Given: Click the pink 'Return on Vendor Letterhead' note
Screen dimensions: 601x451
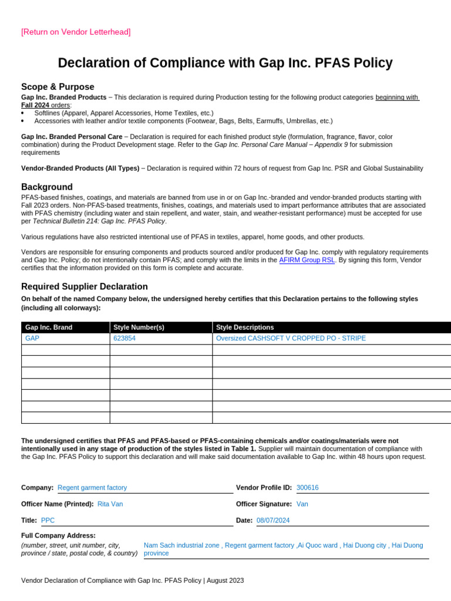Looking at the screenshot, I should (x=76, y=32).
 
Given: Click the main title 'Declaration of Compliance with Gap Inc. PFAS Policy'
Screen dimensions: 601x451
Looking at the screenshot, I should (x=225, y=63).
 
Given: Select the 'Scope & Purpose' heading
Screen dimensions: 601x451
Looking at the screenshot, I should (x=58, y=87).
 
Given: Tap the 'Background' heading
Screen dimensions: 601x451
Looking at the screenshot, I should (x=47, y=187).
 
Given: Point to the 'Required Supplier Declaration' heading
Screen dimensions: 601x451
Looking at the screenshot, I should (x=85, y=286).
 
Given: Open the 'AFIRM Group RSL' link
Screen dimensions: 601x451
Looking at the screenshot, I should (x=307, y=260).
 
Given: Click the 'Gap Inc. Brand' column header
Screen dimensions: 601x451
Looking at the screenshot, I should (x=49, y=327).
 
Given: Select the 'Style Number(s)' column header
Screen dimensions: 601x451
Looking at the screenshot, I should (x=139, y=327).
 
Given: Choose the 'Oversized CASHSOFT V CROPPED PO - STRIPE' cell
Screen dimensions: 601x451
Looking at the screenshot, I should (x=291, y=339).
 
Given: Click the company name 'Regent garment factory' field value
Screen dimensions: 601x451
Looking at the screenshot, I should (x=92, y=488).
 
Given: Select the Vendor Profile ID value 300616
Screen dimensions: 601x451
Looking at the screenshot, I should (x=308, y=488).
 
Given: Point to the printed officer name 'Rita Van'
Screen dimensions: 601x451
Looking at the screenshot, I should (x=110, y=504).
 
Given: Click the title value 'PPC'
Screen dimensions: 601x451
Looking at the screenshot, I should (x=48, y=521).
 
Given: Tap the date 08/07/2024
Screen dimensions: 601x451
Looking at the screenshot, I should (x=273, y=521).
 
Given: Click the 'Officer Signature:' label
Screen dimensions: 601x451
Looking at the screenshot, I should (x=264, y=504).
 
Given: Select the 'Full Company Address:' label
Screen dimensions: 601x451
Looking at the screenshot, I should (x=58, y=536).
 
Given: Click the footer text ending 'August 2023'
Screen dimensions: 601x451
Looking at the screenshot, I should (x=132, y=580).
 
